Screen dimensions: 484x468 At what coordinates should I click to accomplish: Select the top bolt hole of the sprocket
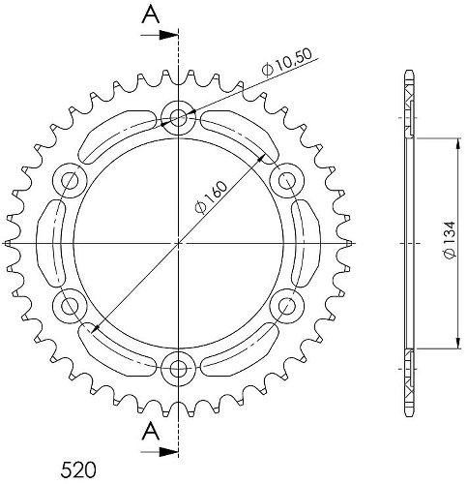179,117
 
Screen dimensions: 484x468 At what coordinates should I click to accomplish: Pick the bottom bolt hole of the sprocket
179,366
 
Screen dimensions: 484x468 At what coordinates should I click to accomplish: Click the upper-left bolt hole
72,179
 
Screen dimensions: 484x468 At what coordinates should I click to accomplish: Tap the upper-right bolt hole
286,179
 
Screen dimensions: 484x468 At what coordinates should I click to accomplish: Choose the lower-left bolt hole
72,304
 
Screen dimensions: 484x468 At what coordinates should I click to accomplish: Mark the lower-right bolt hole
286,304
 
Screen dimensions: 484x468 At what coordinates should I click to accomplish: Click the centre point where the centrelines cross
179,241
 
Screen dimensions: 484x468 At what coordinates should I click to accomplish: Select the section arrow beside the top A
161,36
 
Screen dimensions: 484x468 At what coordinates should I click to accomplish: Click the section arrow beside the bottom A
161,451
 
